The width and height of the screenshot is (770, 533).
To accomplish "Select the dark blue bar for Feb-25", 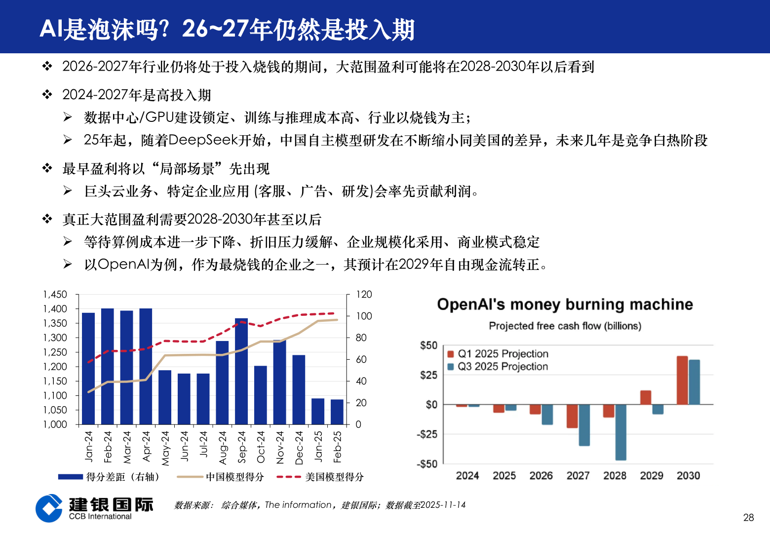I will [337, 412].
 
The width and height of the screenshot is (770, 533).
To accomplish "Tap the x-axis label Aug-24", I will [223, 448].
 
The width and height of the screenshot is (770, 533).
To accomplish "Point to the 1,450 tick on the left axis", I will [55, 295].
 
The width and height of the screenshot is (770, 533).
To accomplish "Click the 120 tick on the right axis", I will [364, 295].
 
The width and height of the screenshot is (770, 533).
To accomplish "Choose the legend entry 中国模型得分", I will [234, 477].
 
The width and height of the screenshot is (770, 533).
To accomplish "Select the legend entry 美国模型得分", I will [334, 477].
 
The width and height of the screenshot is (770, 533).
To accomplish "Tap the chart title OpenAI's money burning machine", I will [565, 305].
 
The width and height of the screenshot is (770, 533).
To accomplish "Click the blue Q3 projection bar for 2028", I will [620, 432].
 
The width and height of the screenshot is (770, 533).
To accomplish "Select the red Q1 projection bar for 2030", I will [682, 380].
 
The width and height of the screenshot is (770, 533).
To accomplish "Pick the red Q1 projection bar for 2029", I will [646, 397].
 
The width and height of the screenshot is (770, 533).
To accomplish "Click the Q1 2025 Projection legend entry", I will [502, 354].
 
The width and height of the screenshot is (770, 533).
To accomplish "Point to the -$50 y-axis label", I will [427, 464].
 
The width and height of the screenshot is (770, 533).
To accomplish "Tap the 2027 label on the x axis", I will [578, 476].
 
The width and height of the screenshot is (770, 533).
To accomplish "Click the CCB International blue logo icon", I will [49, 508].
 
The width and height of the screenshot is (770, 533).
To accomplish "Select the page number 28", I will [748, 517].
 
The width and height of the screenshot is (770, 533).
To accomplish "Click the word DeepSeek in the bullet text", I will [203, 140].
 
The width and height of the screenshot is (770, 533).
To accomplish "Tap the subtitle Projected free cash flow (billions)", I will [565, 326].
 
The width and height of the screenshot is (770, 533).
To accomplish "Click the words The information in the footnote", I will [298, 505].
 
